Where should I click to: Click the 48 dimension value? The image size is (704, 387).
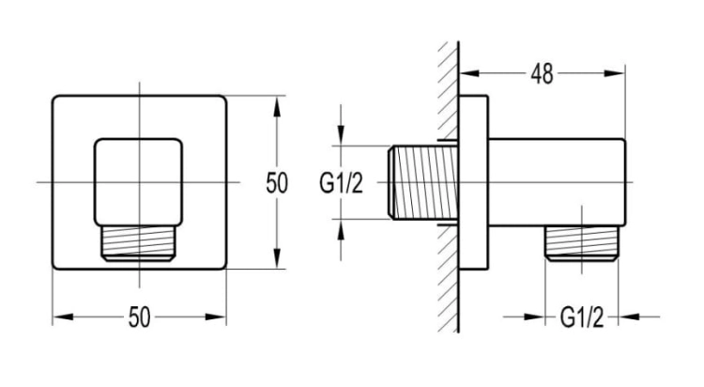pyautogui.click(x=542, y=74)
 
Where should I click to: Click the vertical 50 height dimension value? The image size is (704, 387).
pyautogui.click(x=277, y=183)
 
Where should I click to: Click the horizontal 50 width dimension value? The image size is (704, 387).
pyautogui.click(x=139, y=317)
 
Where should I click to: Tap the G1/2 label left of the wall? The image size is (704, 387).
pyautogui.click(x=341, y=183)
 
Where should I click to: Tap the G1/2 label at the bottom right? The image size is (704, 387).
pyautogui.click(x=581, y=317)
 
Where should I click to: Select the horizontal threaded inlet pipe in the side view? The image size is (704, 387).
pyautogui.click(x=423, y=182)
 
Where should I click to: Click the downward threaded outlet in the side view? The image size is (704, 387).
pyautogui.click(x=581, y=243)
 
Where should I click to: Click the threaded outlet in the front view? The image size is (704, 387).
pyautogui.click(x=139, y=243)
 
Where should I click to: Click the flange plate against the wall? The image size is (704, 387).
pyautogui.click(x=474, y=182)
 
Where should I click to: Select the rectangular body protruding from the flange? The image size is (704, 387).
pyautogui.click(x=557, y=182)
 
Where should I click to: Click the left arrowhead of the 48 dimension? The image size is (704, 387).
pyautogui.click(x=469, y=73)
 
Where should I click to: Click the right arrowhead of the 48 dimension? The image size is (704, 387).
pyautogui.click(x=614, y=73)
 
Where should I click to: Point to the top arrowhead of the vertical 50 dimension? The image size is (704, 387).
pyautogui.click(x=277, y=107)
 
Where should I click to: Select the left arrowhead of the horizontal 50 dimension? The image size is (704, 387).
pyautogui.click(x=63, y=317)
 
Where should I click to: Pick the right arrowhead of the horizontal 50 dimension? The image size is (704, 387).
pyautogui.click(x=216, y=317)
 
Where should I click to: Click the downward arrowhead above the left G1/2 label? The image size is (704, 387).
pyautogui.click(x=341, y=134)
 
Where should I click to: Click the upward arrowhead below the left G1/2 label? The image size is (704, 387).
pyautogui.click(x=341, y=230)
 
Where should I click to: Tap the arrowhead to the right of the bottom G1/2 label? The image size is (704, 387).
pyautogui.click(x=630, y=317)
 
